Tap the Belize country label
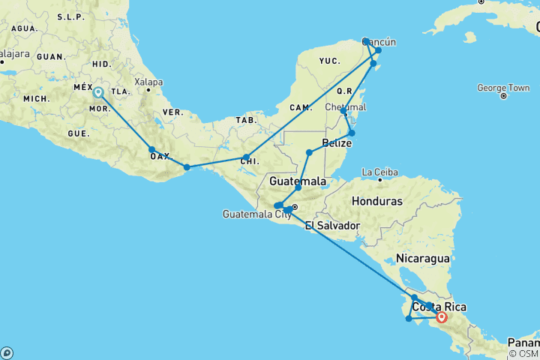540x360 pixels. [x=335, y=142]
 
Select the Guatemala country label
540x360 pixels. [x=298, y=181]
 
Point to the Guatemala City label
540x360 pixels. [x=257, y=214]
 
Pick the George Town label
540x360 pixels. [x=503, y=88]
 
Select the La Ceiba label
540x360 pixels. [x=379, y=172]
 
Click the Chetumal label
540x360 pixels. [x=346, y=107]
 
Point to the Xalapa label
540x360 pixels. [x=148, y=82]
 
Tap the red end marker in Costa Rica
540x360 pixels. [x=442, y=317]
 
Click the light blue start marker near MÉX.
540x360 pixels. [x=98, y=93]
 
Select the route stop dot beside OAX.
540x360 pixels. [x=151, y=149]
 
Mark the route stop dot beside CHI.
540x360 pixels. [x=246, y=157]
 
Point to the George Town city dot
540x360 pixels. [x=503, y=97]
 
